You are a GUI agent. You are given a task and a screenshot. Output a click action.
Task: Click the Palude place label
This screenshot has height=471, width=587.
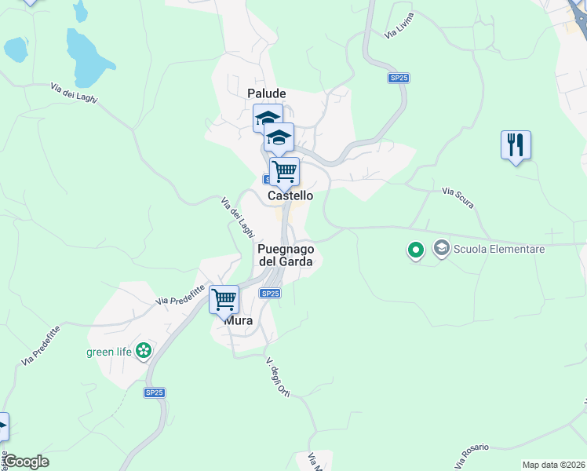pos(267,93)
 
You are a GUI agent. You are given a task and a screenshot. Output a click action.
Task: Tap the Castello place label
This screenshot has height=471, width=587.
pos(290,195)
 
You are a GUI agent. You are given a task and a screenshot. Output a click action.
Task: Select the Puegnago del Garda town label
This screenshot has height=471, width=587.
pos(286,255)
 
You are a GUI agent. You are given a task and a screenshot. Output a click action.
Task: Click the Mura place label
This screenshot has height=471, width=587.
pos(239,320)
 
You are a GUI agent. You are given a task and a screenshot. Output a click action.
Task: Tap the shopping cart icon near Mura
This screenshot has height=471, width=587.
pos(224,299)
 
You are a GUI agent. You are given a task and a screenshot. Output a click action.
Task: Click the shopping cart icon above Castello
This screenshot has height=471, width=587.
pos(284,170)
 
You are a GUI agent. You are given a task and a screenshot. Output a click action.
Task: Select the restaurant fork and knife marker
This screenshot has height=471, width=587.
pos(516,145)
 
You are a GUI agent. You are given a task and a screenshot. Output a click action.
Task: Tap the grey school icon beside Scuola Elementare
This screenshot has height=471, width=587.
pos(441,249)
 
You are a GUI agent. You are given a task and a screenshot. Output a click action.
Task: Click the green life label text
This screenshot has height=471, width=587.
pos(108,351)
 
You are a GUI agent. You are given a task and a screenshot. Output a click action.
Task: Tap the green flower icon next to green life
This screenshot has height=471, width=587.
pos(144,351)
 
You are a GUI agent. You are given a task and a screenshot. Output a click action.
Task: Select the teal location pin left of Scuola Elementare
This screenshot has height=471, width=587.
pos(415,250)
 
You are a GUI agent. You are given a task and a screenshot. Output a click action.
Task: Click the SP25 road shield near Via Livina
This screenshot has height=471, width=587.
pos(399,78)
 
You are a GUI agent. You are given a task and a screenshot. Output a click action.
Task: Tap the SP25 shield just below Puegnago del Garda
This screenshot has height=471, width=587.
pos(269,293)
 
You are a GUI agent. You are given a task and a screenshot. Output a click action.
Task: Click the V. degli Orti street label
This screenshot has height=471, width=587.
pos(279,378)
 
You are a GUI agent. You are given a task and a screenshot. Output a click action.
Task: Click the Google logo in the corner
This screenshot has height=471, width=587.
pos(26,462)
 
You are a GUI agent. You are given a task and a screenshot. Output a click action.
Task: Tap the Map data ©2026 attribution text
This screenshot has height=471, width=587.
pos(552,465)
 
